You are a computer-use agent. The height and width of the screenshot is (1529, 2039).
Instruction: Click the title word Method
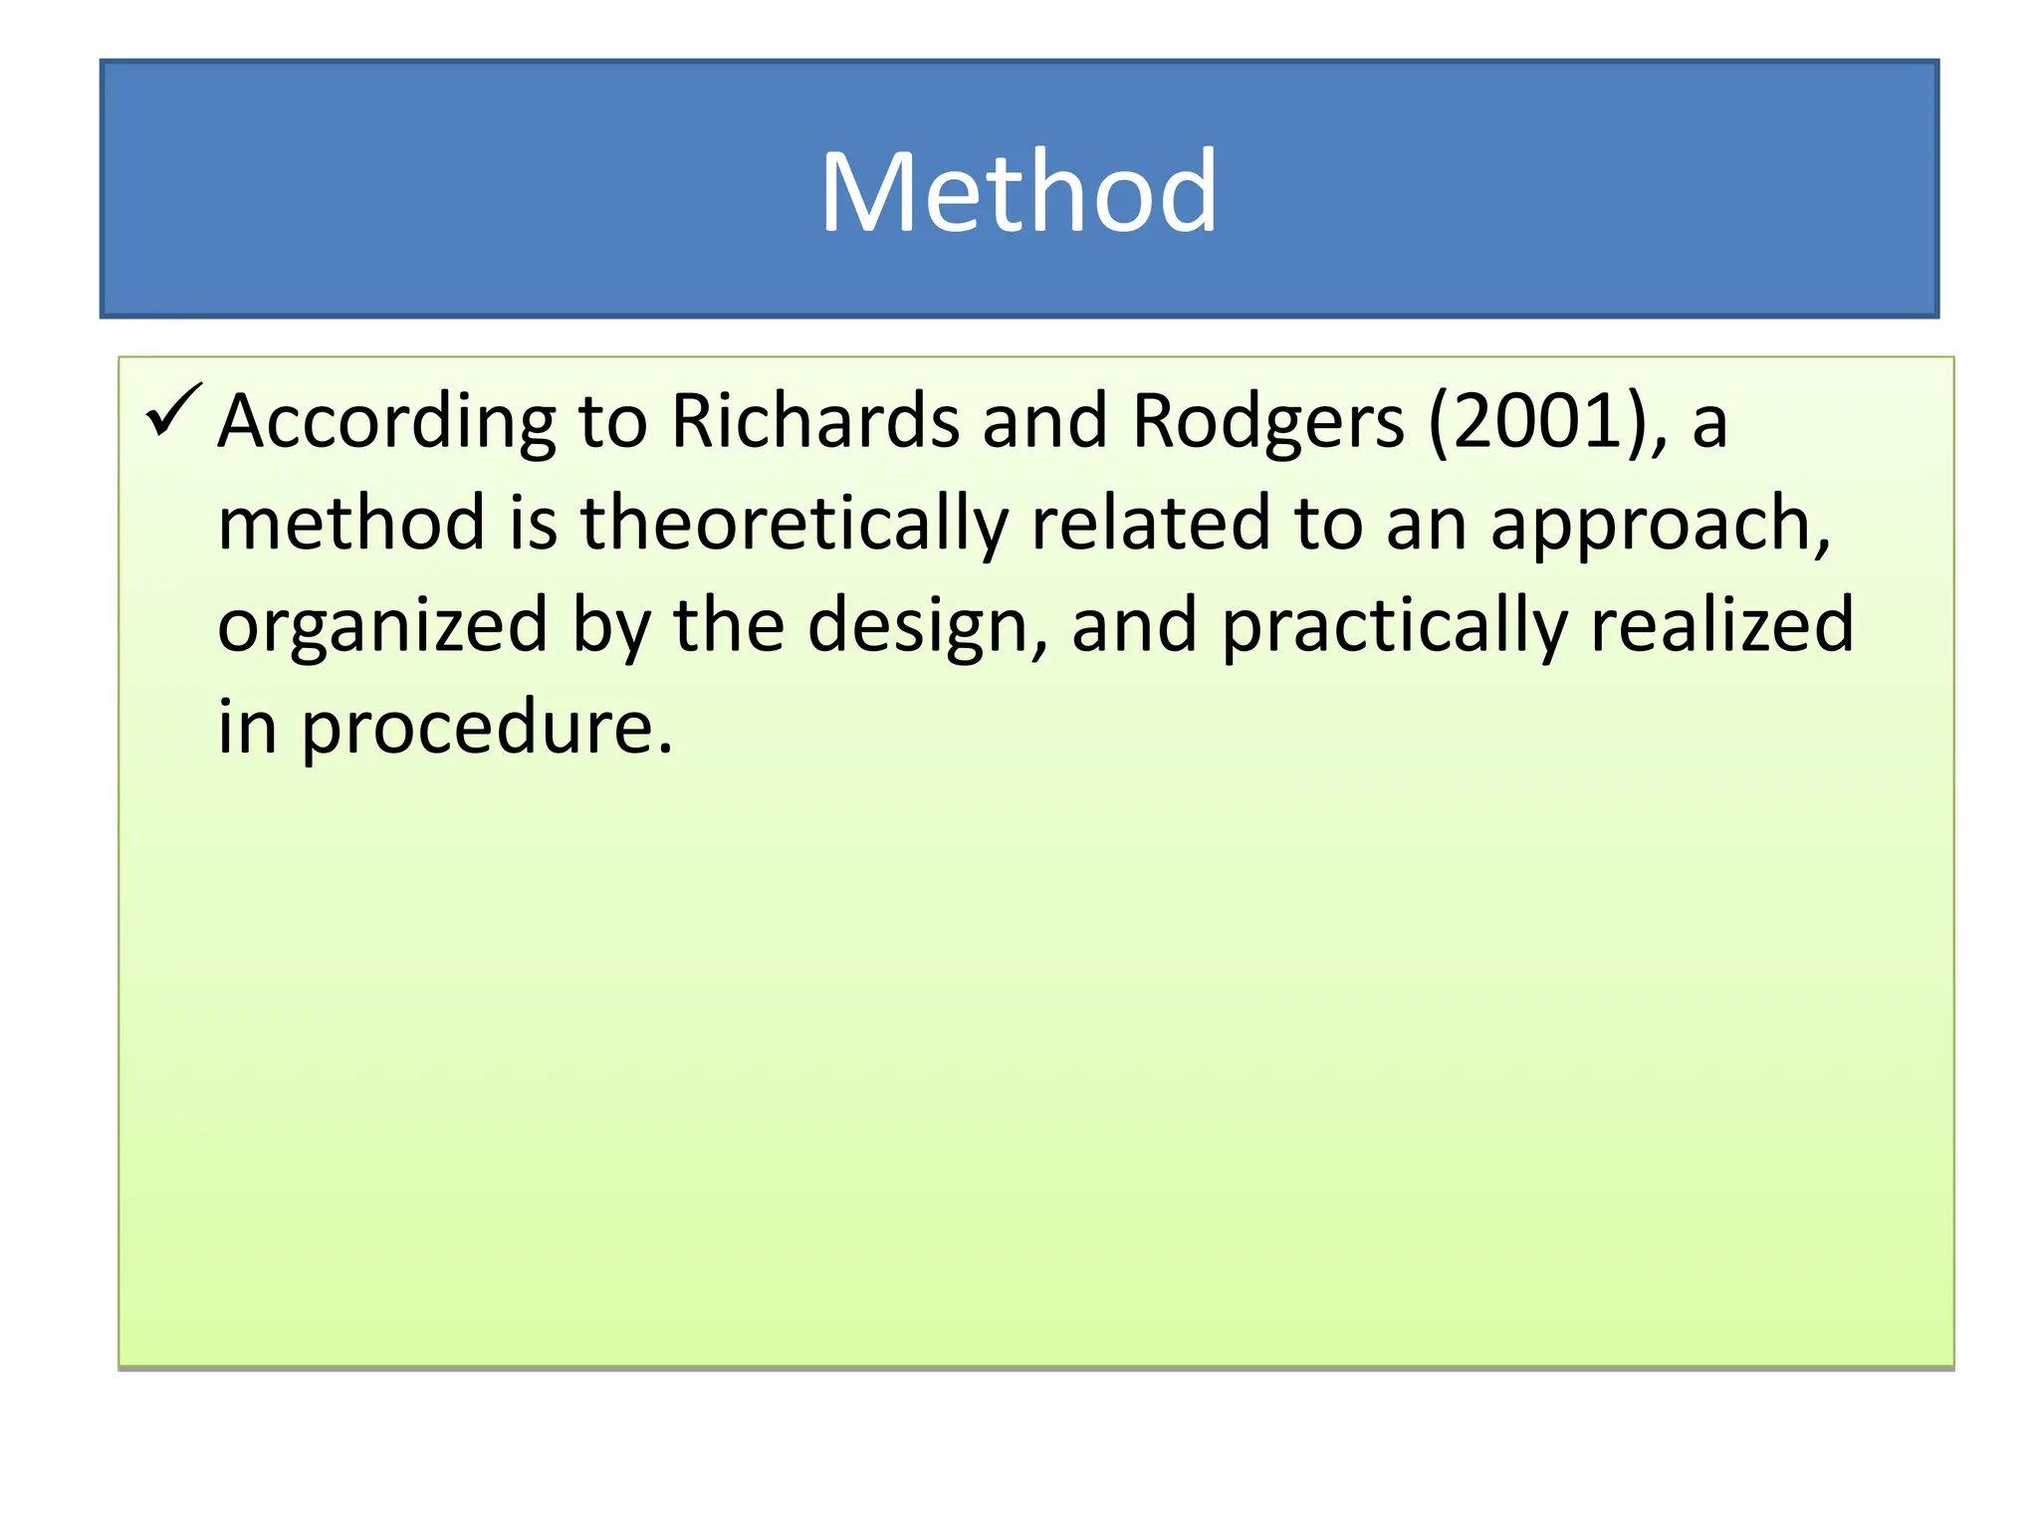click(1018, 191)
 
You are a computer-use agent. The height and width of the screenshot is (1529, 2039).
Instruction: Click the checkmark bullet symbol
click(173, 410)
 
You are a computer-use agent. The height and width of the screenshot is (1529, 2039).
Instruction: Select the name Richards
click(815, 420)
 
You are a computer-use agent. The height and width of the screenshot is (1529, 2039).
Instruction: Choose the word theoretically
click(793, 524)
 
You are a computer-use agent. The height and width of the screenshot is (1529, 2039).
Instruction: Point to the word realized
click(1721, 624)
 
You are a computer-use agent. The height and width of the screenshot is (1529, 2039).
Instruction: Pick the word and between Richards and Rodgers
click(1044, 420)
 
